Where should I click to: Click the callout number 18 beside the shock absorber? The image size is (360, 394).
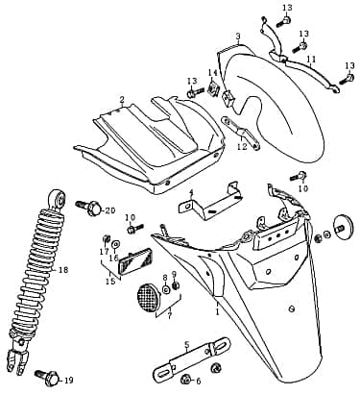pyautogui.click(x=63, y=271)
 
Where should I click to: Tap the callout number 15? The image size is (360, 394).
pyautogui.click(x=111, y=281)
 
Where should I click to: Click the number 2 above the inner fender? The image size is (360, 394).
pyautogui.click(x=122, y=99)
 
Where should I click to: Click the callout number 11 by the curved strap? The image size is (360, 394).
pyautogui.click(x=310, y=60)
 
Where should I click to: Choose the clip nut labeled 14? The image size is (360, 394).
pyautogui.click(x=216, y=95)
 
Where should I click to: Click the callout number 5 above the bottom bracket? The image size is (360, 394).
pyautogui.click(x=186, y=344)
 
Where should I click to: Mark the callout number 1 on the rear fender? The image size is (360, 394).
pyautogui.click(x=217, y=311)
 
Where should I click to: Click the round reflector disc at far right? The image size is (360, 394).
pyautogui.click(x=338, y=226)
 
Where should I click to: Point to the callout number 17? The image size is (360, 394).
pyautogui.click(x=104, y=252)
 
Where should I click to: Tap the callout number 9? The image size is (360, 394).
pyautogui.click(x=174, y=275)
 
